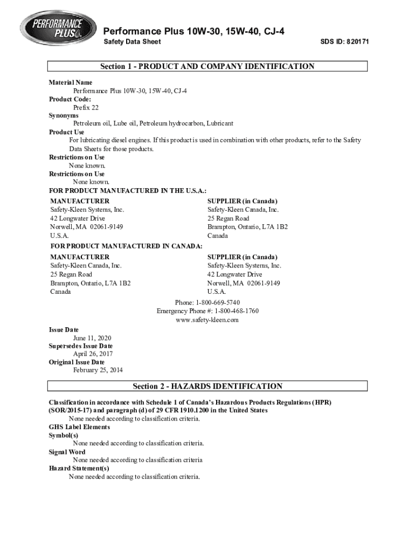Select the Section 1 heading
207,66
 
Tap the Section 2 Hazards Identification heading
207,386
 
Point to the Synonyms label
64,115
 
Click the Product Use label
67,132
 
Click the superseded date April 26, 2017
93,354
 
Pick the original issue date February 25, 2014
98,370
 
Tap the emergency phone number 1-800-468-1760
237,311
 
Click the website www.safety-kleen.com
207,320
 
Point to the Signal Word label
67,452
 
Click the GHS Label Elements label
79,427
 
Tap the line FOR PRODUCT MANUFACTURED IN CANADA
126,246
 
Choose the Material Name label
71,82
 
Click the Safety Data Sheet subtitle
132,42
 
